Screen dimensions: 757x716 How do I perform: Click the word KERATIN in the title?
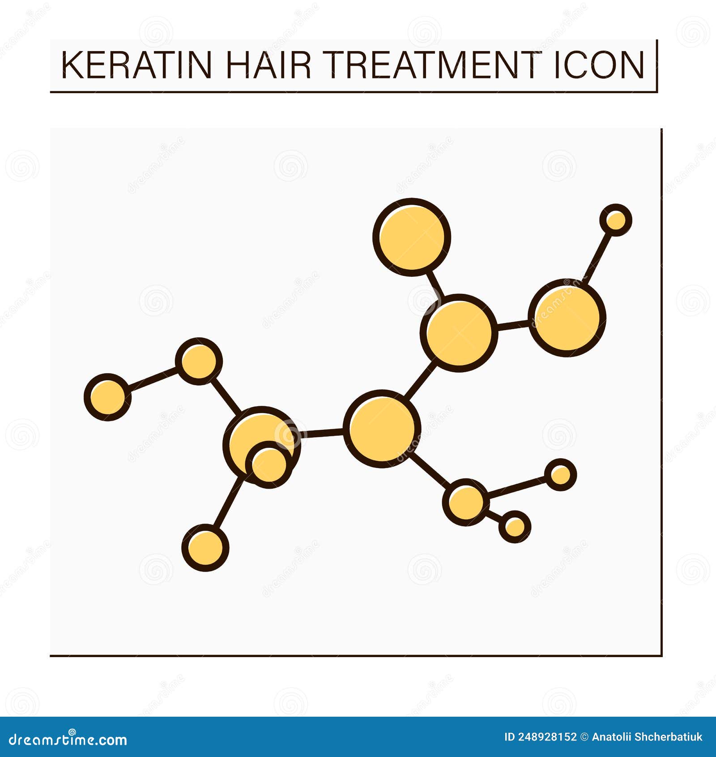(x=136, y=65)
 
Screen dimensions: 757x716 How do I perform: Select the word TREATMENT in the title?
(x=431, y=65)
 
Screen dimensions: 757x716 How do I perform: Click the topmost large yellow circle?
(x=412, y=237)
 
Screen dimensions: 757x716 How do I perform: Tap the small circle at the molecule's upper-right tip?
(x=616, y=220)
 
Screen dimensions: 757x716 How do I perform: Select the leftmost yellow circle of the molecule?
(x=107, y=397)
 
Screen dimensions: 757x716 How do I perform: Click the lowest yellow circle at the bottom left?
(x=205, y=547)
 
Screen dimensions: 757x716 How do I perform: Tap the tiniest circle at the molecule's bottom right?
(x=515, y=526)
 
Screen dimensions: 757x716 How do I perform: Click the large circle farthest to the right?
(x=567, y=318)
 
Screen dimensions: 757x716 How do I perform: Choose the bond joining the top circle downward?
(x=435, y=284)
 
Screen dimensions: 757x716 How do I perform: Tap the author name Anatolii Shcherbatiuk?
(x=647, y=737)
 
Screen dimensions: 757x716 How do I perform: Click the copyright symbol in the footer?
(x=584, y=737)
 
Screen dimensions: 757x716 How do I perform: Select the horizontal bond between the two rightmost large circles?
(x=513, y=326)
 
